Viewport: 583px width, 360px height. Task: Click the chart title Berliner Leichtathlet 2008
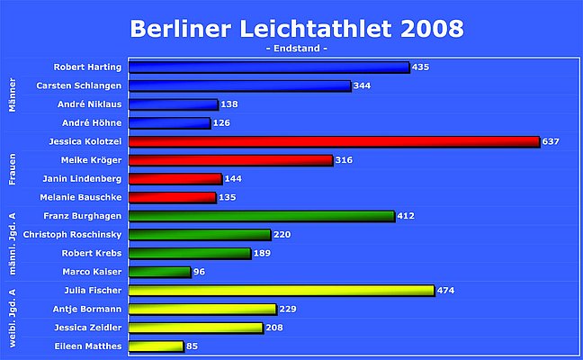pyautogui.click(x=297, y=28)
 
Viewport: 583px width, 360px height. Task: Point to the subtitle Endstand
pyautogui.click(x=297, y=48)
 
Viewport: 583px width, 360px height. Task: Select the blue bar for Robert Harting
pyautogui.click(x=269, y=67)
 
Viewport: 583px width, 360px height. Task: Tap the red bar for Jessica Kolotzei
pyautogui.click(x=334, y=141)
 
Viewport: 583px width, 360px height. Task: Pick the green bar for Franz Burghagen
pyautogui.click(x=262, y=216)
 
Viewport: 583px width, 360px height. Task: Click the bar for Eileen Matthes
pyautogui.click(x=157, y=346)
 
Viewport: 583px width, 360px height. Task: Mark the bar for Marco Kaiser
pyautogui.click(x=160, y=272)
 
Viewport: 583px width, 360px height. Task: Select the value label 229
pyautogui.click(x=289, y=310)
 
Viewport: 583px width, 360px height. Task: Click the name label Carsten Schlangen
pyautogui.click(x=78, y=85)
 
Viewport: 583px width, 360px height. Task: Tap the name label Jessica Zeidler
pyautogui.click(x=86, y=328)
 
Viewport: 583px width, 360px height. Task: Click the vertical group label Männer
pyautogui.click(x=13, y=94)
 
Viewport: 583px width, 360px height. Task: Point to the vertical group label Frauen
pyautogui.click(x=13, y=169)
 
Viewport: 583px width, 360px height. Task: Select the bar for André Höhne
pyautogui.click(x=170, y=122)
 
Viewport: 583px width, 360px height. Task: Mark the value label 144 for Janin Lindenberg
pyautogui.click(x=233, y=178)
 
